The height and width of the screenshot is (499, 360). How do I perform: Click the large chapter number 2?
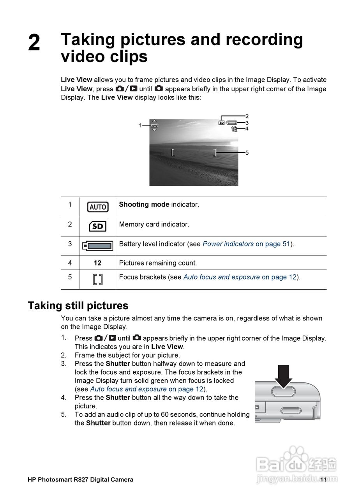[34, 43]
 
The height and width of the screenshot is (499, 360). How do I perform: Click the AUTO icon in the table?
[98, 207]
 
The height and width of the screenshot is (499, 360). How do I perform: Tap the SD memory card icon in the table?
[97, 226]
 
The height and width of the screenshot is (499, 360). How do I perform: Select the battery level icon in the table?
[98, 246]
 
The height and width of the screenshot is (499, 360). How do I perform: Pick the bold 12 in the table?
[97, 263]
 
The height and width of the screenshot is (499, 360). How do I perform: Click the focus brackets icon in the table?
[98, 279]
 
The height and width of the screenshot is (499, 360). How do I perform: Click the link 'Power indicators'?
[228, 244]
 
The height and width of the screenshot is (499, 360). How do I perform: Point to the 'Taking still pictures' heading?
[78, 305]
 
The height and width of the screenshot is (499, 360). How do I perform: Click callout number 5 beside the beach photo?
[247, 153]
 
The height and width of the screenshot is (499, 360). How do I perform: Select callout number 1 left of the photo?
[140, 125]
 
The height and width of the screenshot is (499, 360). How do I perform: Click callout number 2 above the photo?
[247, 116]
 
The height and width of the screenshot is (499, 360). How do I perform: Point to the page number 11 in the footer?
[323, 480]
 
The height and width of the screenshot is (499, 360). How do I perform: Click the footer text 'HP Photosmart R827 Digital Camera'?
[80, 480]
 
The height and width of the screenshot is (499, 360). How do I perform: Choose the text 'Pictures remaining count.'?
[158, 263]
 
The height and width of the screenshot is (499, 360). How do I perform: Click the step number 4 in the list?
[63, 398]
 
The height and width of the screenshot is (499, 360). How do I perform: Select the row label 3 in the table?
[70, 244]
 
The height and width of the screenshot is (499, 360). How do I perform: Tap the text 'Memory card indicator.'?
[154, 225]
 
